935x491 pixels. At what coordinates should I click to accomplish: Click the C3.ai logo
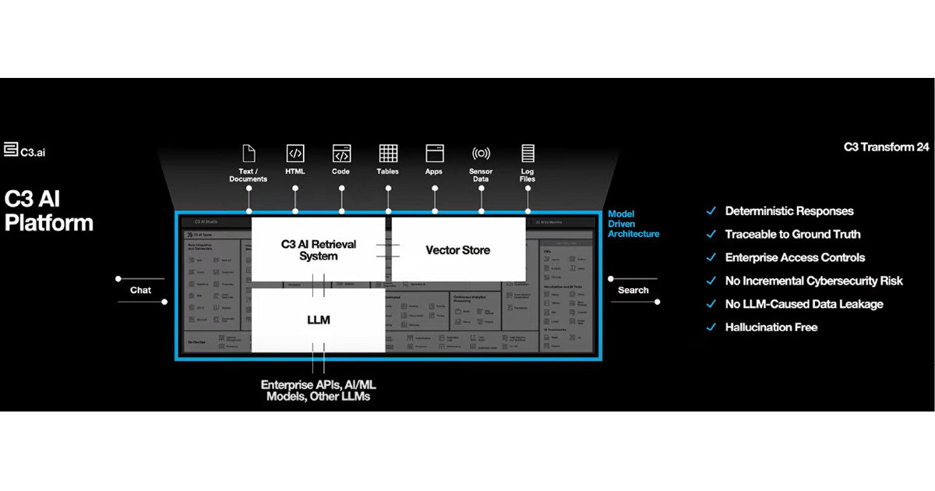pos(24,150)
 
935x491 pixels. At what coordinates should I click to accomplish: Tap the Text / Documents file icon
pos(249,153)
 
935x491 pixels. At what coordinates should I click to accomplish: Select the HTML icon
pos(295,153)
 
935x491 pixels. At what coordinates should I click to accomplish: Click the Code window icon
pos(341,153)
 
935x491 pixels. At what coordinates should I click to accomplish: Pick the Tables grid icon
pos(388,153)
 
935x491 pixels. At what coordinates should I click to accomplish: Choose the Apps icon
pos(434,153)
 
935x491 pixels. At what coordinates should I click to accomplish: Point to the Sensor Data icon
pos(481,153)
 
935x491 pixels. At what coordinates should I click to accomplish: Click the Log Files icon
pos(527,153)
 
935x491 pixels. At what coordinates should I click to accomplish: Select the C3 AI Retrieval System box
pos(318,250)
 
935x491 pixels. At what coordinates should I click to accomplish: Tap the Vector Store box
pos(458,250)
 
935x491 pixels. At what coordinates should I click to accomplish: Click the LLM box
pos(318,320)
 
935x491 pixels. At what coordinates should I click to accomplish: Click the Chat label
pos(140,290)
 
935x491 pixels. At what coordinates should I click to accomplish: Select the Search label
pos(633,290)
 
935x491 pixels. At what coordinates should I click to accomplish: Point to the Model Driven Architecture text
pos(633,224)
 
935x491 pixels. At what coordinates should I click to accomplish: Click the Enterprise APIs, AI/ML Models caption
pos(318,390)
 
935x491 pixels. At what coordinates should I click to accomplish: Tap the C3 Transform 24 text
pos(886,147)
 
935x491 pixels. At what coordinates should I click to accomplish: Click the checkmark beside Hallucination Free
pos(710,327)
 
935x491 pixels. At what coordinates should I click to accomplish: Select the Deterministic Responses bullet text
pos(789,211)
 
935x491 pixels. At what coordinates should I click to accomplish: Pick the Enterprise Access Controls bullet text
pos(795,257)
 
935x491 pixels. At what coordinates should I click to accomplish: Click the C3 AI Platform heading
pos(48,210)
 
